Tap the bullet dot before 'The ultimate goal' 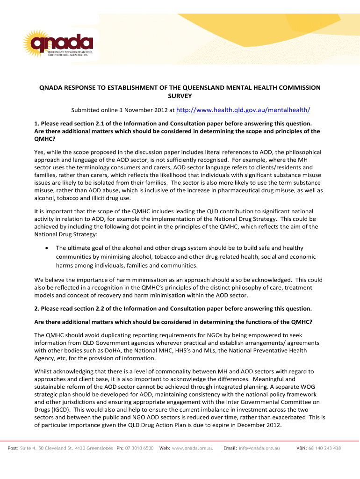(46, 248)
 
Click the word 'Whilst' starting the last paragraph (43, 371)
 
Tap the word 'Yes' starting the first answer (40, 152)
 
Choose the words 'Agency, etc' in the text (52, 358)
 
